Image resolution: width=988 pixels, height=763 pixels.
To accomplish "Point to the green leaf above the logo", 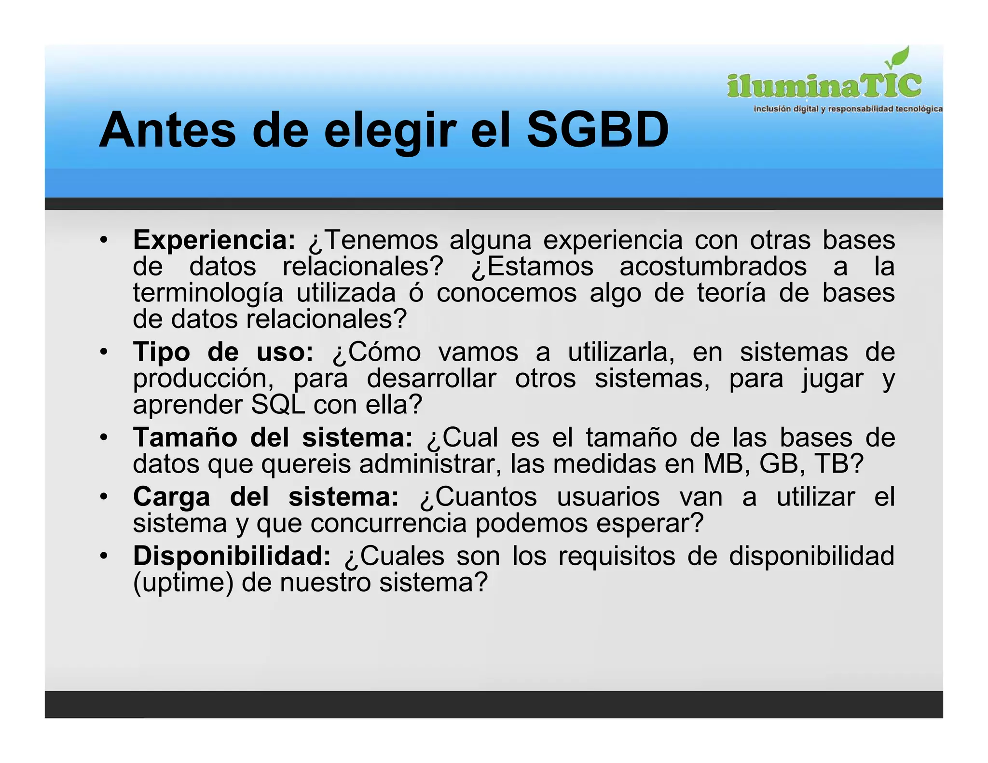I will coord(898,58).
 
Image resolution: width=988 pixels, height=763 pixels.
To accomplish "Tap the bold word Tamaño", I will coord(185,437).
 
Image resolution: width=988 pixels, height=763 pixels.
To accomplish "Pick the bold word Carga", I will coord(172,497).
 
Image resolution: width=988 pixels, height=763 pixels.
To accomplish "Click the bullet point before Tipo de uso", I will coord(103,352).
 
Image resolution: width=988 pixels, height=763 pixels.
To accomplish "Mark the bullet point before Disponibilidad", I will coord(103,556).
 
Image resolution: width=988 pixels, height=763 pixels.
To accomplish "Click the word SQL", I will coord(278,405).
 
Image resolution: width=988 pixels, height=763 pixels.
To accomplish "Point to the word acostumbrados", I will coord(713,267).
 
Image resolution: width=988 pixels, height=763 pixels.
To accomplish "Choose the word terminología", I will coord(208,293).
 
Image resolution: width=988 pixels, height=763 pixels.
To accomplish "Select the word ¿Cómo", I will coord(376,352).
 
